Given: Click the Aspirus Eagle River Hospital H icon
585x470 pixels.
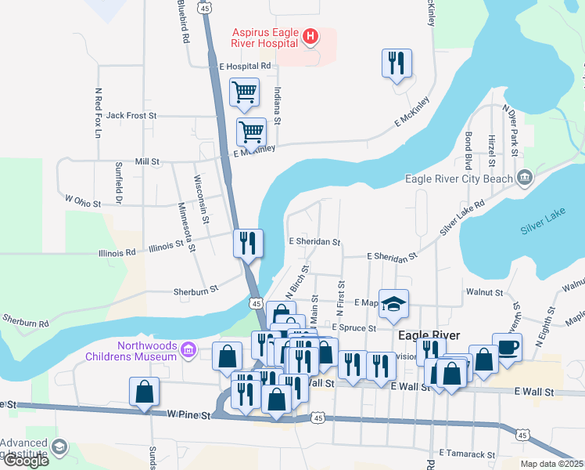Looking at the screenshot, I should pyautogui.click(x=310, y=36).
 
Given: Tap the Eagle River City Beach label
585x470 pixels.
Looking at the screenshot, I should pyautogui.click(x=459, y=178).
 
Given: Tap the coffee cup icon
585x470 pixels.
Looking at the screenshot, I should pyautogui.click(x=507, y=346).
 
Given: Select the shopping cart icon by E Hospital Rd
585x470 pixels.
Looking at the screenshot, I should pyautogui.click(x=244, y=92).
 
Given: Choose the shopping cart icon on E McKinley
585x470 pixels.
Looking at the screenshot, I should pyautogui.click(x=251, y=132).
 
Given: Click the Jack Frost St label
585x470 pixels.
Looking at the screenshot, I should pyautogui.click(x=131, y=115).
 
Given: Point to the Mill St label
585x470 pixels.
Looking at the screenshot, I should pyautogui.click(x=147, y=161).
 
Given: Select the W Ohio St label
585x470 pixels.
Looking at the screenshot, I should pyautogui.click(x=84, y=202).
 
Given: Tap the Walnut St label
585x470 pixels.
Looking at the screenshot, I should pyautogui.click(x=484, y=291).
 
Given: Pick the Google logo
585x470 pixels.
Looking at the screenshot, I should pyautogui.click(x=25, y=461).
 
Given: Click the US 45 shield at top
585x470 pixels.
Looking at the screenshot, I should pyautogui.click(x=205, y=7).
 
